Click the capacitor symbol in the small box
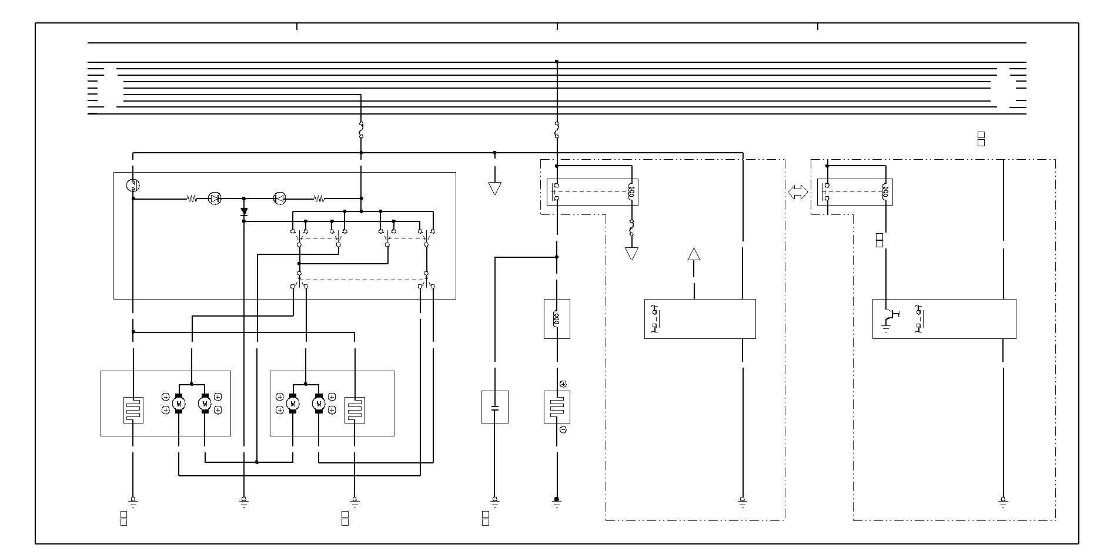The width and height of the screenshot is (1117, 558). pyautogui.click(x=494, y=407)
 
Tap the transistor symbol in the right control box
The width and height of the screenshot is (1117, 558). pyautogui.click(x=891, y=317)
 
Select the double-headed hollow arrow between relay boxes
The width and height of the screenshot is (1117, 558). pyautogui.click(x=798, y=192)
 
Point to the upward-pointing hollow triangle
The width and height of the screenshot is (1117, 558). pyautogui.click(x=694, y=254)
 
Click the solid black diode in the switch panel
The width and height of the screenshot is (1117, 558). pyautogui.click(x=244, y=211)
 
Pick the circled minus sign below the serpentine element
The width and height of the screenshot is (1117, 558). pyautogui.click(x=563, y=430)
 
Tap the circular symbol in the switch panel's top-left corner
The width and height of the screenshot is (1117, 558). pyautogui.click(x=133, y=186)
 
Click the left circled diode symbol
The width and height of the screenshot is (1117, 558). pyautogui.click(x=215, y=199)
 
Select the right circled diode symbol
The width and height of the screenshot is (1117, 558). pyautogui.click(x=280, y=199)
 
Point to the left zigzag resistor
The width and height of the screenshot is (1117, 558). pyautogui.click(x=192, y=199)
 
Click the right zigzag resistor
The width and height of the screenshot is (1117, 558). pyautogui.click(x=319, y=199)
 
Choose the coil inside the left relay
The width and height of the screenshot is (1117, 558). pyautogui.click(x=631, y=192)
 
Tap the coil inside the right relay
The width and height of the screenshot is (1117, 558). pyautogui.click(x=885, y=192)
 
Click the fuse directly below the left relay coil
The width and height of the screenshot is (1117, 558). pyautogui.click(x=631, y=228)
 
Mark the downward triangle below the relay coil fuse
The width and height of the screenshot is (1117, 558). pyautogui.click(x=631, y=254)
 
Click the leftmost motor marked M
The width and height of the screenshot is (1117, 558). pyautogui.click(x=179, y=404)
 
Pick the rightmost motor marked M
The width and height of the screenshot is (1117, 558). pyautogui.click(x=319, y=404)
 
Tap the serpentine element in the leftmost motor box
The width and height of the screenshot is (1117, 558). pyautogui.click(x=133, y=410)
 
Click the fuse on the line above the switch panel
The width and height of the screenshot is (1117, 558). pyautogui.click(x=361, y=130)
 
